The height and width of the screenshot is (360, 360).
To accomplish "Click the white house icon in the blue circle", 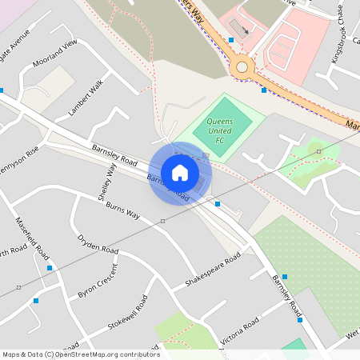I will tap(180, 172).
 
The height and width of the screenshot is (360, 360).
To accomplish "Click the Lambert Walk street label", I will tap(86, 97).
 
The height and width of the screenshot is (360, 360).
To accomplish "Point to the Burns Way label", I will tap(122, 210).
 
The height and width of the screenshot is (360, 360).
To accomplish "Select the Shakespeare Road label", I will tap(213, 270).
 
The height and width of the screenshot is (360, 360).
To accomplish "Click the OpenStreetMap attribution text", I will tap(81, 354).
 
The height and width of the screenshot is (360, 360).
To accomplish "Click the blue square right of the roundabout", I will tap(264, 90).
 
